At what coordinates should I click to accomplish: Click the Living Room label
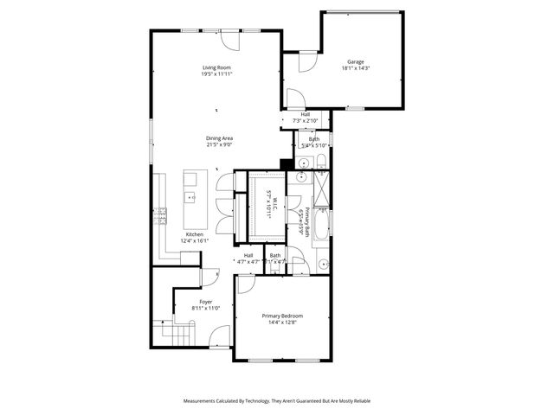pos(217,67)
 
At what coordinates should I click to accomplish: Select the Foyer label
pos(206,302)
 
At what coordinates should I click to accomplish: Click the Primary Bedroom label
pos(282,316)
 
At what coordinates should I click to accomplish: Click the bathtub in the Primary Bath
pos(319,227)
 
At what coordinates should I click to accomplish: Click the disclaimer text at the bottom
pos(276,401)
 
